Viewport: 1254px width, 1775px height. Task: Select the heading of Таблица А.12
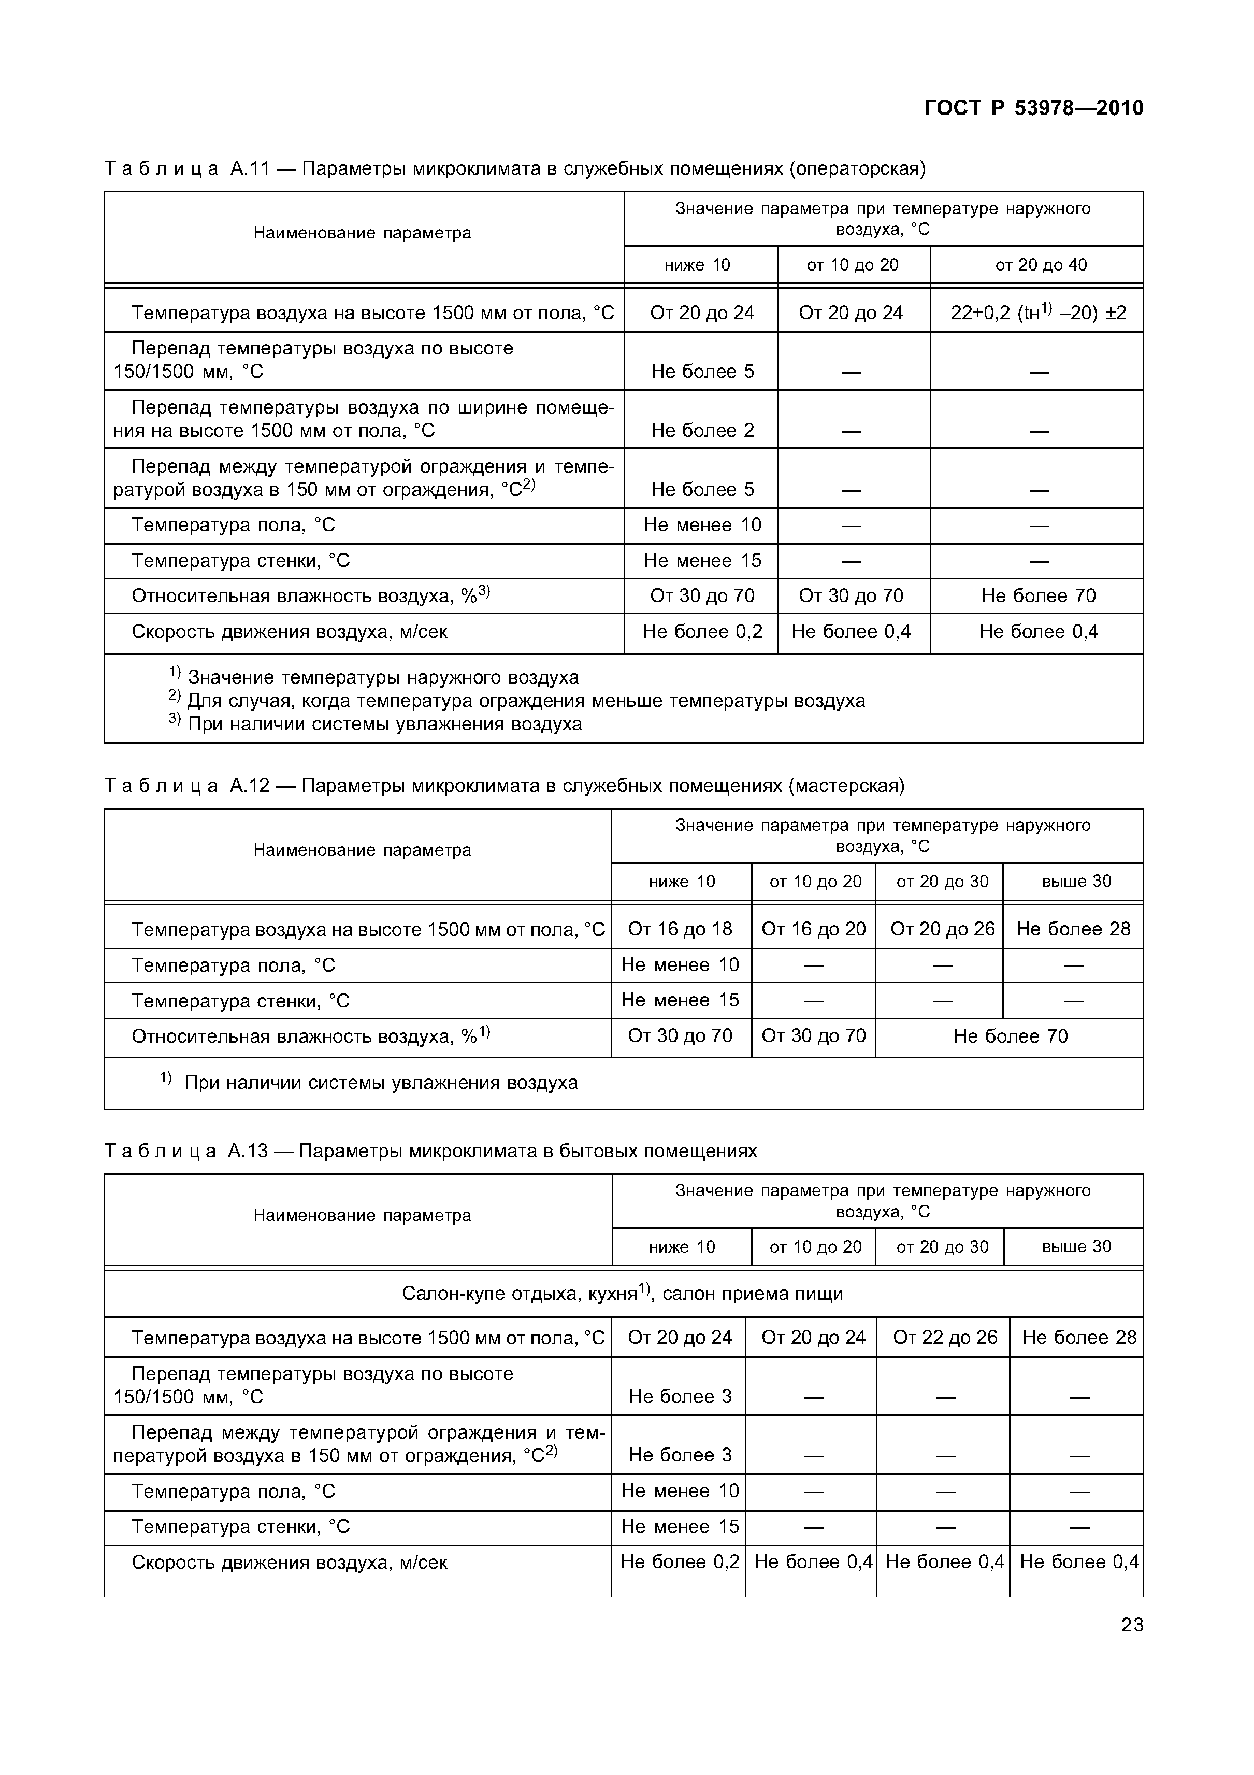(x=504, y=786)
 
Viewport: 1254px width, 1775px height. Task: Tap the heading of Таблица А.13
(x=430, y=1151)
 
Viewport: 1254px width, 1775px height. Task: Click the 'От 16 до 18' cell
(x=680, y=929)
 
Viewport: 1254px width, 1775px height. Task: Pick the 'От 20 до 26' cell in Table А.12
(x=942, y=929)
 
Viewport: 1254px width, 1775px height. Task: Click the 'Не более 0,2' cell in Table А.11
(x=701, y=632)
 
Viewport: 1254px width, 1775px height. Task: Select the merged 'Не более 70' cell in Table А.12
(x=1010, y=1036)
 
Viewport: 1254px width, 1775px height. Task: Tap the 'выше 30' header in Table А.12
(x=1075, y=882)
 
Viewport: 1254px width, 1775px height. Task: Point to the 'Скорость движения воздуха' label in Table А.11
(x=289, y=632)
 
